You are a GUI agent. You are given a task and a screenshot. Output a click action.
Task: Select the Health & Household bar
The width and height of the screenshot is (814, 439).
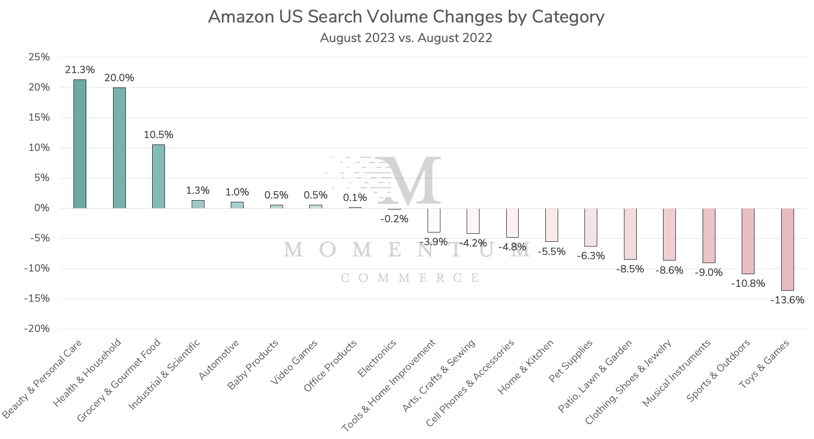[x=119, y=147]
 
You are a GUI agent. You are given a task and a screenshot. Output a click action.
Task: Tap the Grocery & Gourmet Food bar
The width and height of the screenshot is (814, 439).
[x=158, y=176]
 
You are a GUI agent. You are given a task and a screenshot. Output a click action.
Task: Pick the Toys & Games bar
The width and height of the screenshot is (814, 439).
[x=787, y=249]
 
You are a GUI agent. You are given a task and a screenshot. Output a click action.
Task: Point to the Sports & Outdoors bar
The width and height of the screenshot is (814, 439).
[x=748, y=241]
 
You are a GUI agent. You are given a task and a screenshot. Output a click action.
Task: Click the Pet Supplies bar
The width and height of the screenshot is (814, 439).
[x=590, y=227]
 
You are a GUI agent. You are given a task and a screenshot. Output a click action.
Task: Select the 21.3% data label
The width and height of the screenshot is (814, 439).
[x=80, y=70]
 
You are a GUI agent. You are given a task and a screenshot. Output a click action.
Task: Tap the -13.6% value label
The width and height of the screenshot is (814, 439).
[x=787, y=300]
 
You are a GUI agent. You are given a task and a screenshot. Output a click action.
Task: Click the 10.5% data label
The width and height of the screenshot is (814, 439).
[x=159, y=135]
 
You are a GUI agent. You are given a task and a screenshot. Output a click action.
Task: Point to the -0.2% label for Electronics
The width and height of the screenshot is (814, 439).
[x=394, y=219]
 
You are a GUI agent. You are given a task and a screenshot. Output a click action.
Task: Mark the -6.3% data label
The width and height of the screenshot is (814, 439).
[x=590, y=256]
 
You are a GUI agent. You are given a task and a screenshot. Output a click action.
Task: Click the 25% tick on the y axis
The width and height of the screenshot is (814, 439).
[x=39, y=57]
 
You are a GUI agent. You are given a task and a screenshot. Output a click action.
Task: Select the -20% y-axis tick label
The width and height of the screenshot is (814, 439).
[x=37, y=329]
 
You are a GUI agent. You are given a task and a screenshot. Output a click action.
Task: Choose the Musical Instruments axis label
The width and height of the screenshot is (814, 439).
[x=677, y=373]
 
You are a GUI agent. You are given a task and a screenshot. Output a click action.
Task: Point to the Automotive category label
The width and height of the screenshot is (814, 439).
[x=219, y=360]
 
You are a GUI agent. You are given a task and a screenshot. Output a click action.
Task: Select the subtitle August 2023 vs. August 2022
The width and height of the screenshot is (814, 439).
[x=406, y=38]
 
